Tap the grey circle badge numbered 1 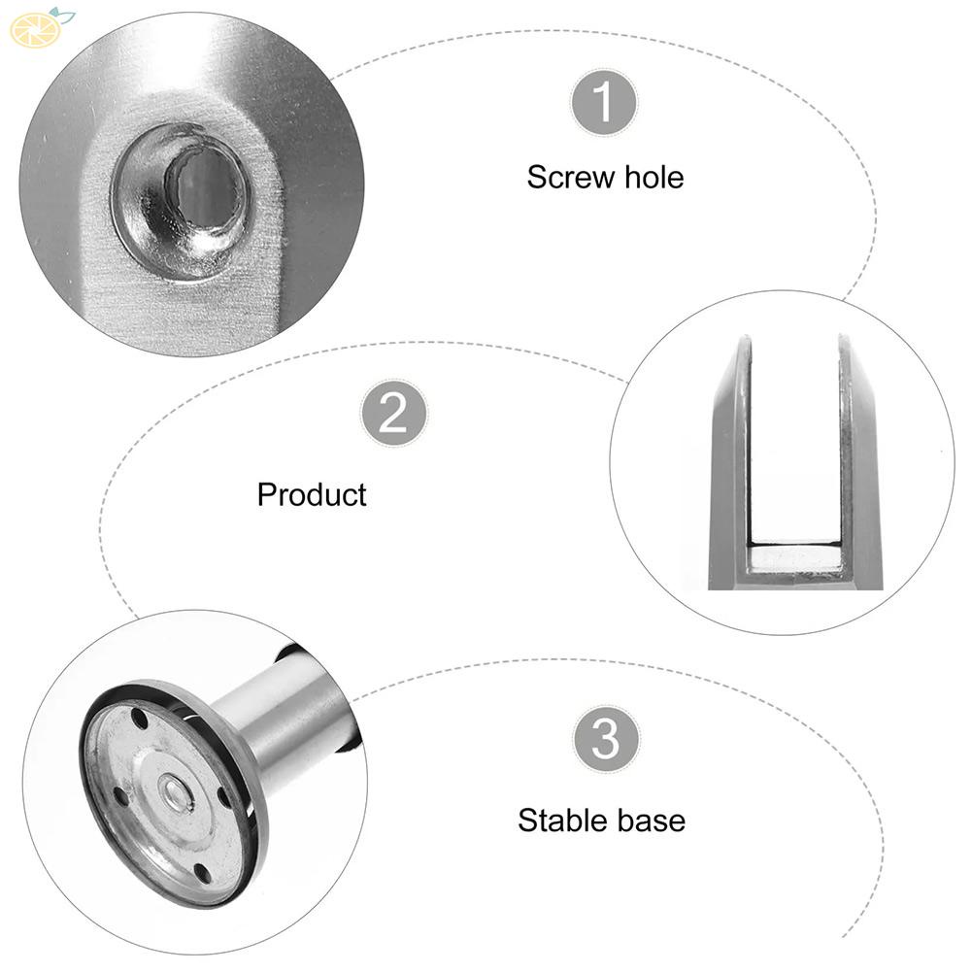pyautogui.click(x=603, y=102)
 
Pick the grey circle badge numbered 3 pyautogui.click(x=606, y=740)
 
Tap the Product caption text pyautogui.click(x=312, y=494)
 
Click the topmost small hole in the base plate pyautogui.click(x=142, y=723)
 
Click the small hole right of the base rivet pyautogui.click(x=226, y=795)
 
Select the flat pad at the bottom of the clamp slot pyautogui.click(x=794, y=558)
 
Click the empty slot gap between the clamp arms pyautogui.click(x=795, y=437)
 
